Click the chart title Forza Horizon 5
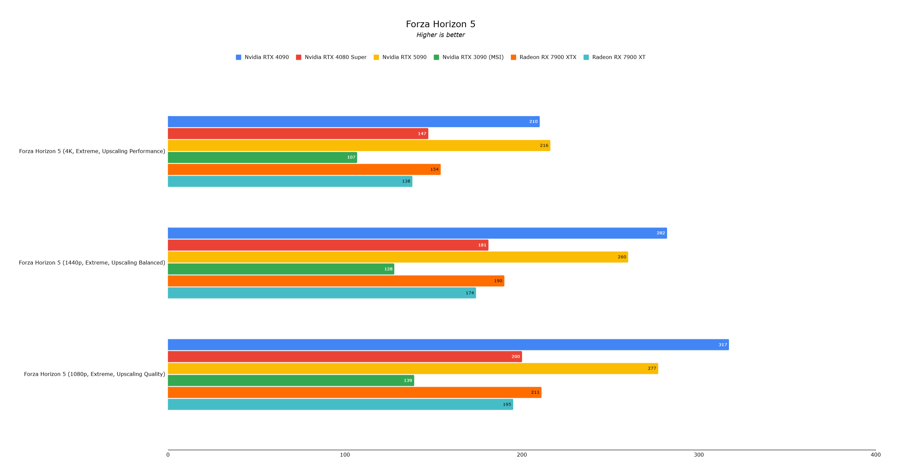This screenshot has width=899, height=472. tap(440, 24)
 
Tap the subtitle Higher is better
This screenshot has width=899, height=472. tap(440, 35)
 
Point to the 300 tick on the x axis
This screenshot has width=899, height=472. tap(699, 455)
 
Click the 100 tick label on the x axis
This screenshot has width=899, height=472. tap(345, 455)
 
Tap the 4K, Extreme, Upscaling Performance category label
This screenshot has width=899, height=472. tap(92, 151)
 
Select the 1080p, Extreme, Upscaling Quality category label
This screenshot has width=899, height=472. tap(95, 374)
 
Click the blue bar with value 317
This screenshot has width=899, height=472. tap(448, 345)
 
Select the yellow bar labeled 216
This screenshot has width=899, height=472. tap(359, 145)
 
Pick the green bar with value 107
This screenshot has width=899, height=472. tap(262, 158)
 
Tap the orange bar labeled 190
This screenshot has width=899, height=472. tap(336, 281)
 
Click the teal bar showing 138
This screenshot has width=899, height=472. tap(290, 181)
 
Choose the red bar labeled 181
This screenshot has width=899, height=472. tap(328, 245)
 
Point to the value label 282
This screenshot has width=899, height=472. tap(661, 233)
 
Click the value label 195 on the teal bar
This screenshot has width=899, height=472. tap(507, 405)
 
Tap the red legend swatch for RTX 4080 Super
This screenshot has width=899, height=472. tap(299, 57)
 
